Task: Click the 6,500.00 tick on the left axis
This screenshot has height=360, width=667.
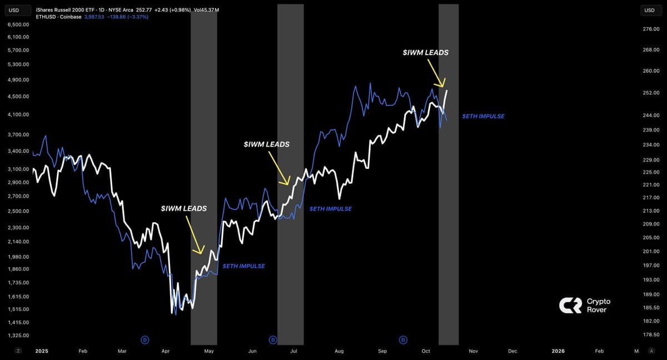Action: pyautogui.click(x=19, y=25)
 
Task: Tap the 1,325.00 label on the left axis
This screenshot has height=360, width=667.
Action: pyautogui.click(x=19, y=336)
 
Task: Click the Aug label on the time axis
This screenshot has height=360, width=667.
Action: pyautogui.click(x=339, y=351)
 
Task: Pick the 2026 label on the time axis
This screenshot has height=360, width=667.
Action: pyautogui.click(x=558, y=351)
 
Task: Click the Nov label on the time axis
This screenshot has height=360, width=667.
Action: pyautogui.click(x=474, y=351)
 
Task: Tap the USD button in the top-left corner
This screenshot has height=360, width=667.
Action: pyautogui.click(x=14, y=11)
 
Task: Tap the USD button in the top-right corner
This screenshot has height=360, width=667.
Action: pyautogui.click(x=649, y=11)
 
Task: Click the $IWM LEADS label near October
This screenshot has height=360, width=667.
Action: pyautogui.click(x=426, y=53)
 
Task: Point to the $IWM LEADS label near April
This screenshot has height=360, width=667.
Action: pyautogui.click(x=183, y=208)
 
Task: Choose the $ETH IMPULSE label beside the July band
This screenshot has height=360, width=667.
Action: pyautogui.click(x=330, y=209)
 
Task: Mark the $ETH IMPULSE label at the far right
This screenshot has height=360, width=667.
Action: pyautogui.click(x=483, y=116)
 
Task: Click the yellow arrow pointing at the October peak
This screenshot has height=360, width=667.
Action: pyautogui.click(x=437, y=74)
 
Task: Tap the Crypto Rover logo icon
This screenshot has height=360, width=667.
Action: pyautogui.click(x=570, y=306)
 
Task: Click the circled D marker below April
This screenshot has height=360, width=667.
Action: pyautogui.click(x=145, y=339)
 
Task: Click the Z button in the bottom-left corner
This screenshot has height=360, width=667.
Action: pyautogui.click(x=18, y=351)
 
